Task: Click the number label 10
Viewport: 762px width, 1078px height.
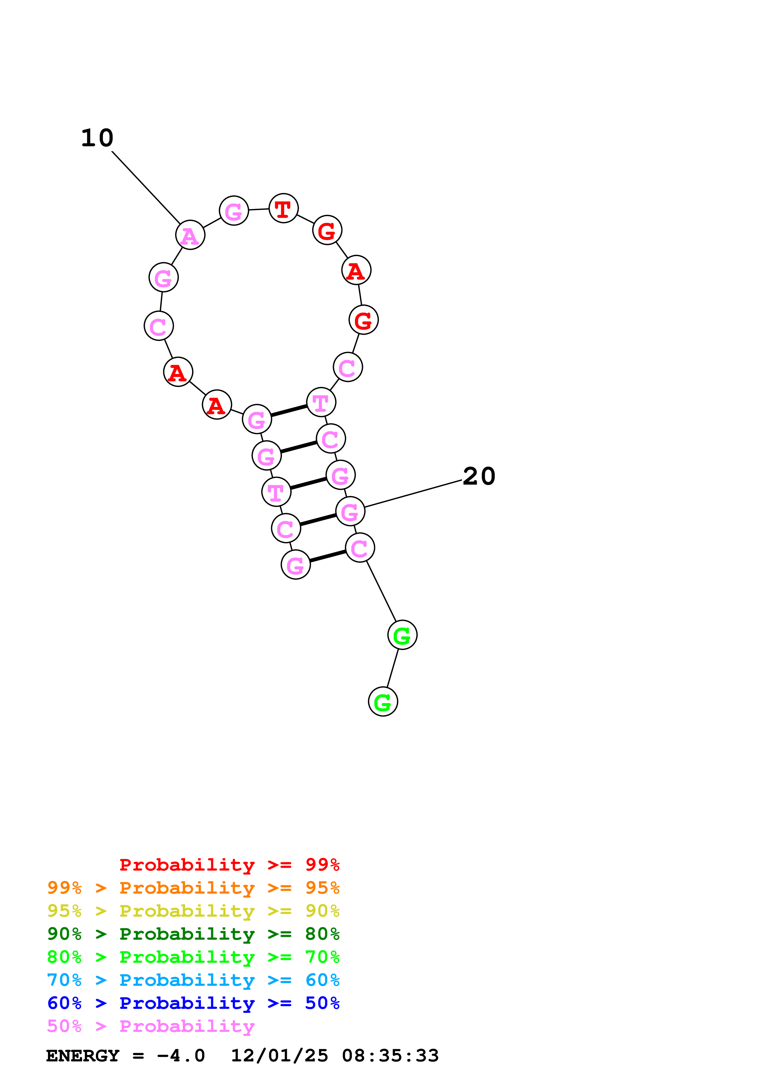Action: (x=97, y=138)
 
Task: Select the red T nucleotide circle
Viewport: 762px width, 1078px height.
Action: (x=283, y=208)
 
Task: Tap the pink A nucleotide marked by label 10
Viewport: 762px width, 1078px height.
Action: (x=190, y=235)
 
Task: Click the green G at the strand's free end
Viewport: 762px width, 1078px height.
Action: (x=383, y=702)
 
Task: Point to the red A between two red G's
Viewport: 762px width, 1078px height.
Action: (x=356, y=270)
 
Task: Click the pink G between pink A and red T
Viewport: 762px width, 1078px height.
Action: (x=234, y=211)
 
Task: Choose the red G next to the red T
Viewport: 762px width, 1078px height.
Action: (x=327, y=230)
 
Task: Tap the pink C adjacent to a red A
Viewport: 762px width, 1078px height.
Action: (x=159, y=326)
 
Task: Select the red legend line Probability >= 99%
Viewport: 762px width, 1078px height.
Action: (x=229, y=865)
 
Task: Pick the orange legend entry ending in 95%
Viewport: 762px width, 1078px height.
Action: (x=193, y=888)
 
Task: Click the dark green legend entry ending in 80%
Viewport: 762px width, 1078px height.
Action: (x=193, y=934)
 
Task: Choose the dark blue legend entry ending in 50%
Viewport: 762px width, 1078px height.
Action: (x=193, y=1003)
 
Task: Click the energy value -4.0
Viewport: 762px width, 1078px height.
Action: (x=181, y=1056)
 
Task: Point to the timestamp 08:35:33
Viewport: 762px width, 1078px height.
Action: (x=390, y=1056)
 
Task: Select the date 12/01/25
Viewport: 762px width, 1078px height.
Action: (x=279, y=1056)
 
